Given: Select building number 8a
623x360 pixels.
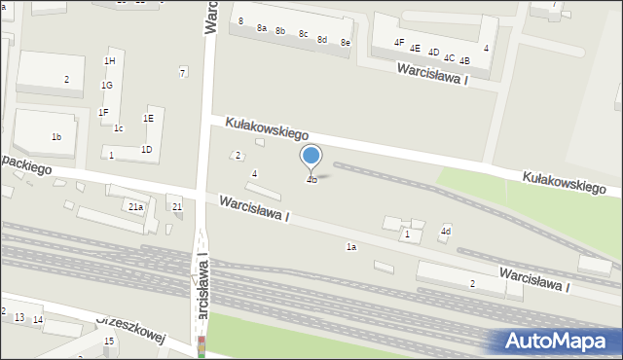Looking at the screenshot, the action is click(262, 28).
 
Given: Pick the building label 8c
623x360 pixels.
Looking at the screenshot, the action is click(304, 35).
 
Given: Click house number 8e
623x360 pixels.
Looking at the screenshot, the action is click(346, 43).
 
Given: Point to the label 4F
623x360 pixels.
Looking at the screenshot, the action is click(399, 43).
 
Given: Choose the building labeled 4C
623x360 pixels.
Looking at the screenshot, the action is click(449, 58).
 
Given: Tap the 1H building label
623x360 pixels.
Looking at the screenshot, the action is click(109, 61).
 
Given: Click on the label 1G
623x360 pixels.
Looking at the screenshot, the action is click(106, 86).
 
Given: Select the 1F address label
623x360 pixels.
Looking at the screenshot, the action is click(102, 112).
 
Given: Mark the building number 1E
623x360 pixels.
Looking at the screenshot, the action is click(148, 118).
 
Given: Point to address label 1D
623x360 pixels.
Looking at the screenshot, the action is click(146, 149).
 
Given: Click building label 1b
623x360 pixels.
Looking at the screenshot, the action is click(56, 137).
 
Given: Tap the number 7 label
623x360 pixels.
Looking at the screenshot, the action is click(182, 72).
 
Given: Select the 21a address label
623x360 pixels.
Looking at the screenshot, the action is click(135, 206).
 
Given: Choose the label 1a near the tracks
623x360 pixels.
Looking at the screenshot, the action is click(351, 247).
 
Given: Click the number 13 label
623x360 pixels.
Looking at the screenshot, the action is click(19, 318).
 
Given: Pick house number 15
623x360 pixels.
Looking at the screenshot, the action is click(109, 341).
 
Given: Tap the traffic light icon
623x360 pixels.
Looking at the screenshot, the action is click(202, 345).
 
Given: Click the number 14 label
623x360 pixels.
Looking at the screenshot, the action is click(38, 320).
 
